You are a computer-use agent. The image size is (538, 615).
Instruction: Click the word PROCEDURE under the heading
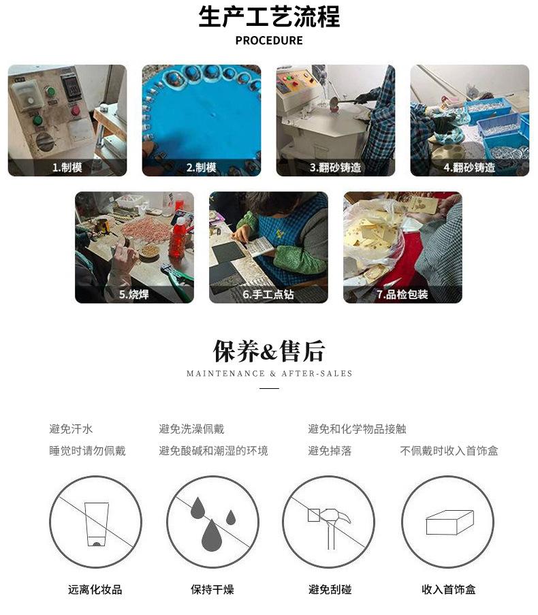pos(269,40)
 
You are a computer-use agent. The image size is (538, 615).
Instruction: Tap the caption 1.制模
pos(67,168)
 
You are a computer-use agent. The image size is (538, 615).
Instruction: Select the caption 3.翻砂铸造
pos(335,168)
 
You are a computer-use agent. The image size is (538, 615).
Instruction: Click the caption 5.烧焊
pos(133,294)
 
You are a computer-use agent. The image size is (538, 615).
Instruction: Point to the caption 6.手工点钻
pos(268,294)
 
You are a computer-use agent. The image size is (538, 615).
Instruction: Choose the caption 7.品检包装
pos(402,294)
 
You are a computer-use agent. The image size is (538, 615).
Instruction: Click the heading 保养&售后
pos(269,351)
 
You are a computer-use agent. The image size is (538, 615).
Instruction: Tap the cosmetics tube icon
pos(97,524)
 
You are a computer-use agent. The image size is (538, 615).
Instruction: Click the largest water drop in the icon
pos(212,535)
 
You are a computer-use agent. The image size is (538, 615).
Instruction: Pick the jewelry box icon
pos(449,522)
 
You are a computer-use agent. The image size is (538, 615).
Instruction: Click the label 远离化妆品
pos(95,590)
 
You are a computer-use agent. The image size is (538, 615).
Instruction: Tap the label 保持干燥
pos(212,590)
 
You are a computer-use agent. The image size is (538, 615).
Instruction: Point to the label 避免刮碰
pos(330,590)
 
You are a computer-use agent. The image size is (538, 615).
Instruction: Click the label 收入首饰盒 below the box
pos(449,590)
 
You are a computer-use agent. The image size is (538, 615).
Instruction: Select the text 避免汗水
pos(71,428)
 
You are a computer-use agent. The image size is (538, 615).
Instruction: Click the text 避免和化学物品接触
pos(357,428)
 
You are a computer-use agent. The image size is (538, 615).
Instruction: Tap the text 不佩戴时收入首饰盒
pos(449,451)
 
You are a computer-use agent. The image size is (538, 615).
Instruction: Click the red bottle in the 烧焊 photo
pos(178,237)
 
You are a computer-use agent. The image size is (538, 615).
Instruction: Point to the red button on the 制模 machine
pos(76,111)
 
